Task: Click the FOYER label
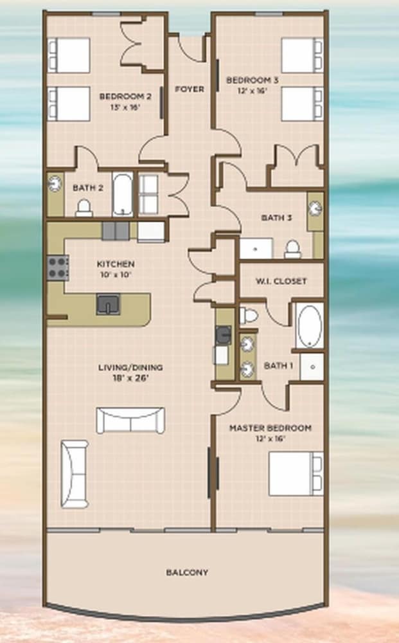(190, 89)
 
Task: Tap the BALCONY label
(187, 572)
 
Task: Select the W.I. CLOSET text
(281, 282)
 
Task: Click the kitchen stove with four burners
(58, 267)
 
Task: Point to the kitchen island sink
(109, 304)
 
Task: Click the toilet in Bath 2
(84, 208)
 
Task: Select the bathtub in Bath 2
(123, 195)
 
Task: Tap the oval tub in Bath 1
(310, 326)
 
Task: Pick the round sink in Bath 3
(315, 209)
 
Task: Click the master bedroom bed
(296, 474)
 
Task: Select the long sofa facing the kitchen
(130, 421)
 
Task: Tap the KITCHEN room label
(116, 264)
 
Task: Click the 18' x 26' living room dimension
(130, 378)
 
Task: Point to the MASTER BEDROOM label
(270, 428)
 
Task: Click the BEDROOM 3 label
(252, 80)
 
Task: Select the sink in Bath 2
(55, 184)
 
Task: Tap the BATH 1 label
(279, 365)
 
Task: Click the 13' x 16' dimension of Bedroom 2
(125, 107)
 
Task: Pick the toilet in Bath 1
(248, 315)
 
